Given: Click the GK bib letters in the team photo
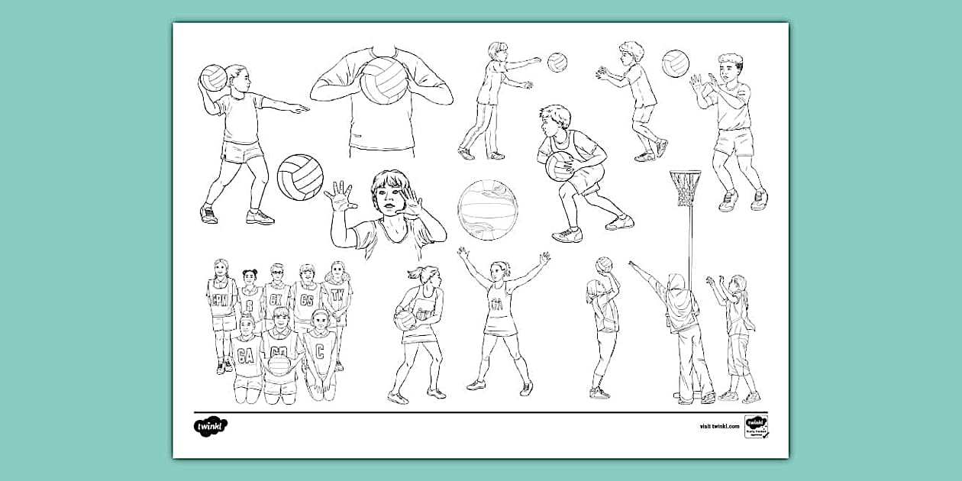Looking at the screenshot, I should pos(276,299).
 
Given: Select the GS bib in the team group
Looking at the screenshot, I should pos(307,300).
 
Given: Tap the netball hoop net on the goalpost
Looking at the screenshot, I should pos(685,188).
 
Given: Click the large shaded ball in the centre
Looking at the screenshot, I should pos(488,210).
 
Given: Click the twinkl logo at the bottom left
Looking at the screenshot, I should pos(210,425).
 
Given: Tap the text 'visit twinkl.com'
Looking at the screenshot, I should pos(719,426).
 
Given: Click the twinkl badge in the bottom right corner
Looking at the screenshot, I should pos(756,426).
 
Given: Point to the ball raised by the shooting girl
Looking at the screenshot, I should pos(604,264).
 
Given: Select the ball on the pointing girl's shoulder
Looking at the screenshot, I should pos(213,77).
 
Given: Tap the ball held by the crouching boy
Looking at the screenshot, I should pos(560,165).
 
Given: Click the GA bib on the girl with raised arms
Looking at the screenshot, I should pos(497,305).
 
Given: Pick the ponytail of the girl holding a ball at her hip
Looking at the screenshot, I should pos(413,273).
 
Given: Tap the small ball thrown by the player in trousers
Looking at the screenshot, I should pos(557,62).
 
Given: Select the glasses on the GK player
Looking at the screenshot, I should pos(276,273).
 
